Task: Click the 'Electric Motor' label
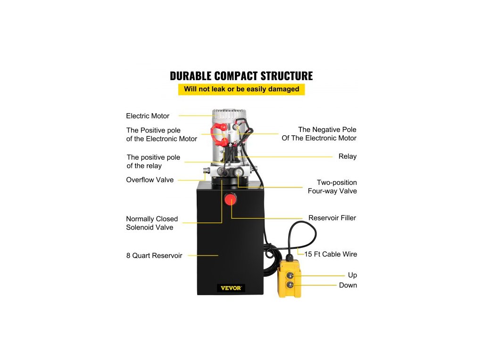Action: click(148, 116)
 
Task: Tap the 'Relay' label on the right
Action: click(347, 156)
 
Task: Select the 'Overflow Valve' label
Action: click(150, 180)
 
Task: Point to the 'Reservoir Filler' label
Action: click(332, 218)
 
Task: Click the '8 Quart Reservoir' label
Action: click(154, 255)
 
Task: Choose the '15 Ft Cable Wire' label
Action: click(330, 254)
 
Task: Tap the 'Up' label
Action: click(352, 275)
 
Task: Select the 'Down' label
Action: click(348, 285)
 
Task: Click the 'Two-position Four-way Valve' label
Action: click(332, 187)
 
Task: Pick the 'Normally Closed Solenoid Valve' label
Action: click(152, 223)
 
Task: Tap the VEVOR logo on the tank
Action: click(231, 288)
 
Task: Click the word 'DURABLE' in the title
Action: click(191, 76)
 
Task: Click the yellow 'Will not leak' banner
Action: click(241, 89)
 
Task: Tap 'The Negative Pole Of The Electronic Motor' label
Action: click(319, 134)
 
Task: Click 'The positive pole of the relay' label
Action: click(153, 162)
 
